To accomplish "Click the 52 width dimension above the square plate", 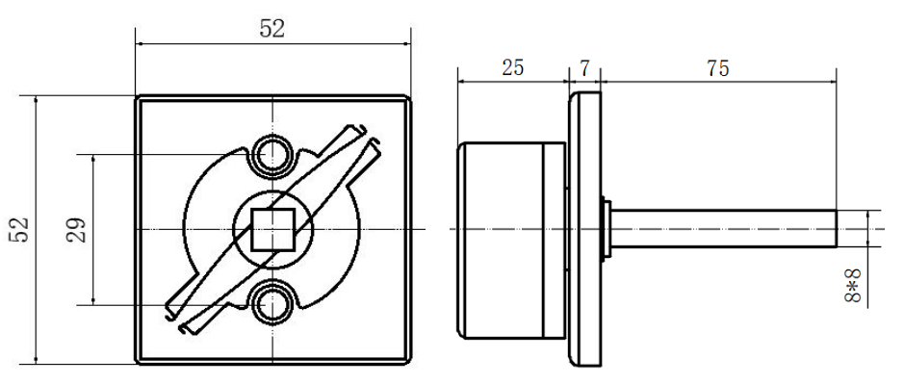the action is click(272, 28).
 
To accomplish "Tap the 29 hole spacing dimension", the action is click(77, 229).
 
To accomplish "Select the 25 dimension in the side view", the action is click(512, 68).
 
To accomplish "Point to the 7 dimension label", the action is click(584, 68).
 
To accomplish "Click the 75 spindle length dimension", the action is click(718, 68).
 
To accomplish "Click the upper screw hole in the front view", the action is click(272, 155).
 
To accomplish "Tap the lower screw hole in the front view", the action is click(272, 304).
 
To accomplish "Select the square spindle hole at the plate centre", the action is click(273, 229).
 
